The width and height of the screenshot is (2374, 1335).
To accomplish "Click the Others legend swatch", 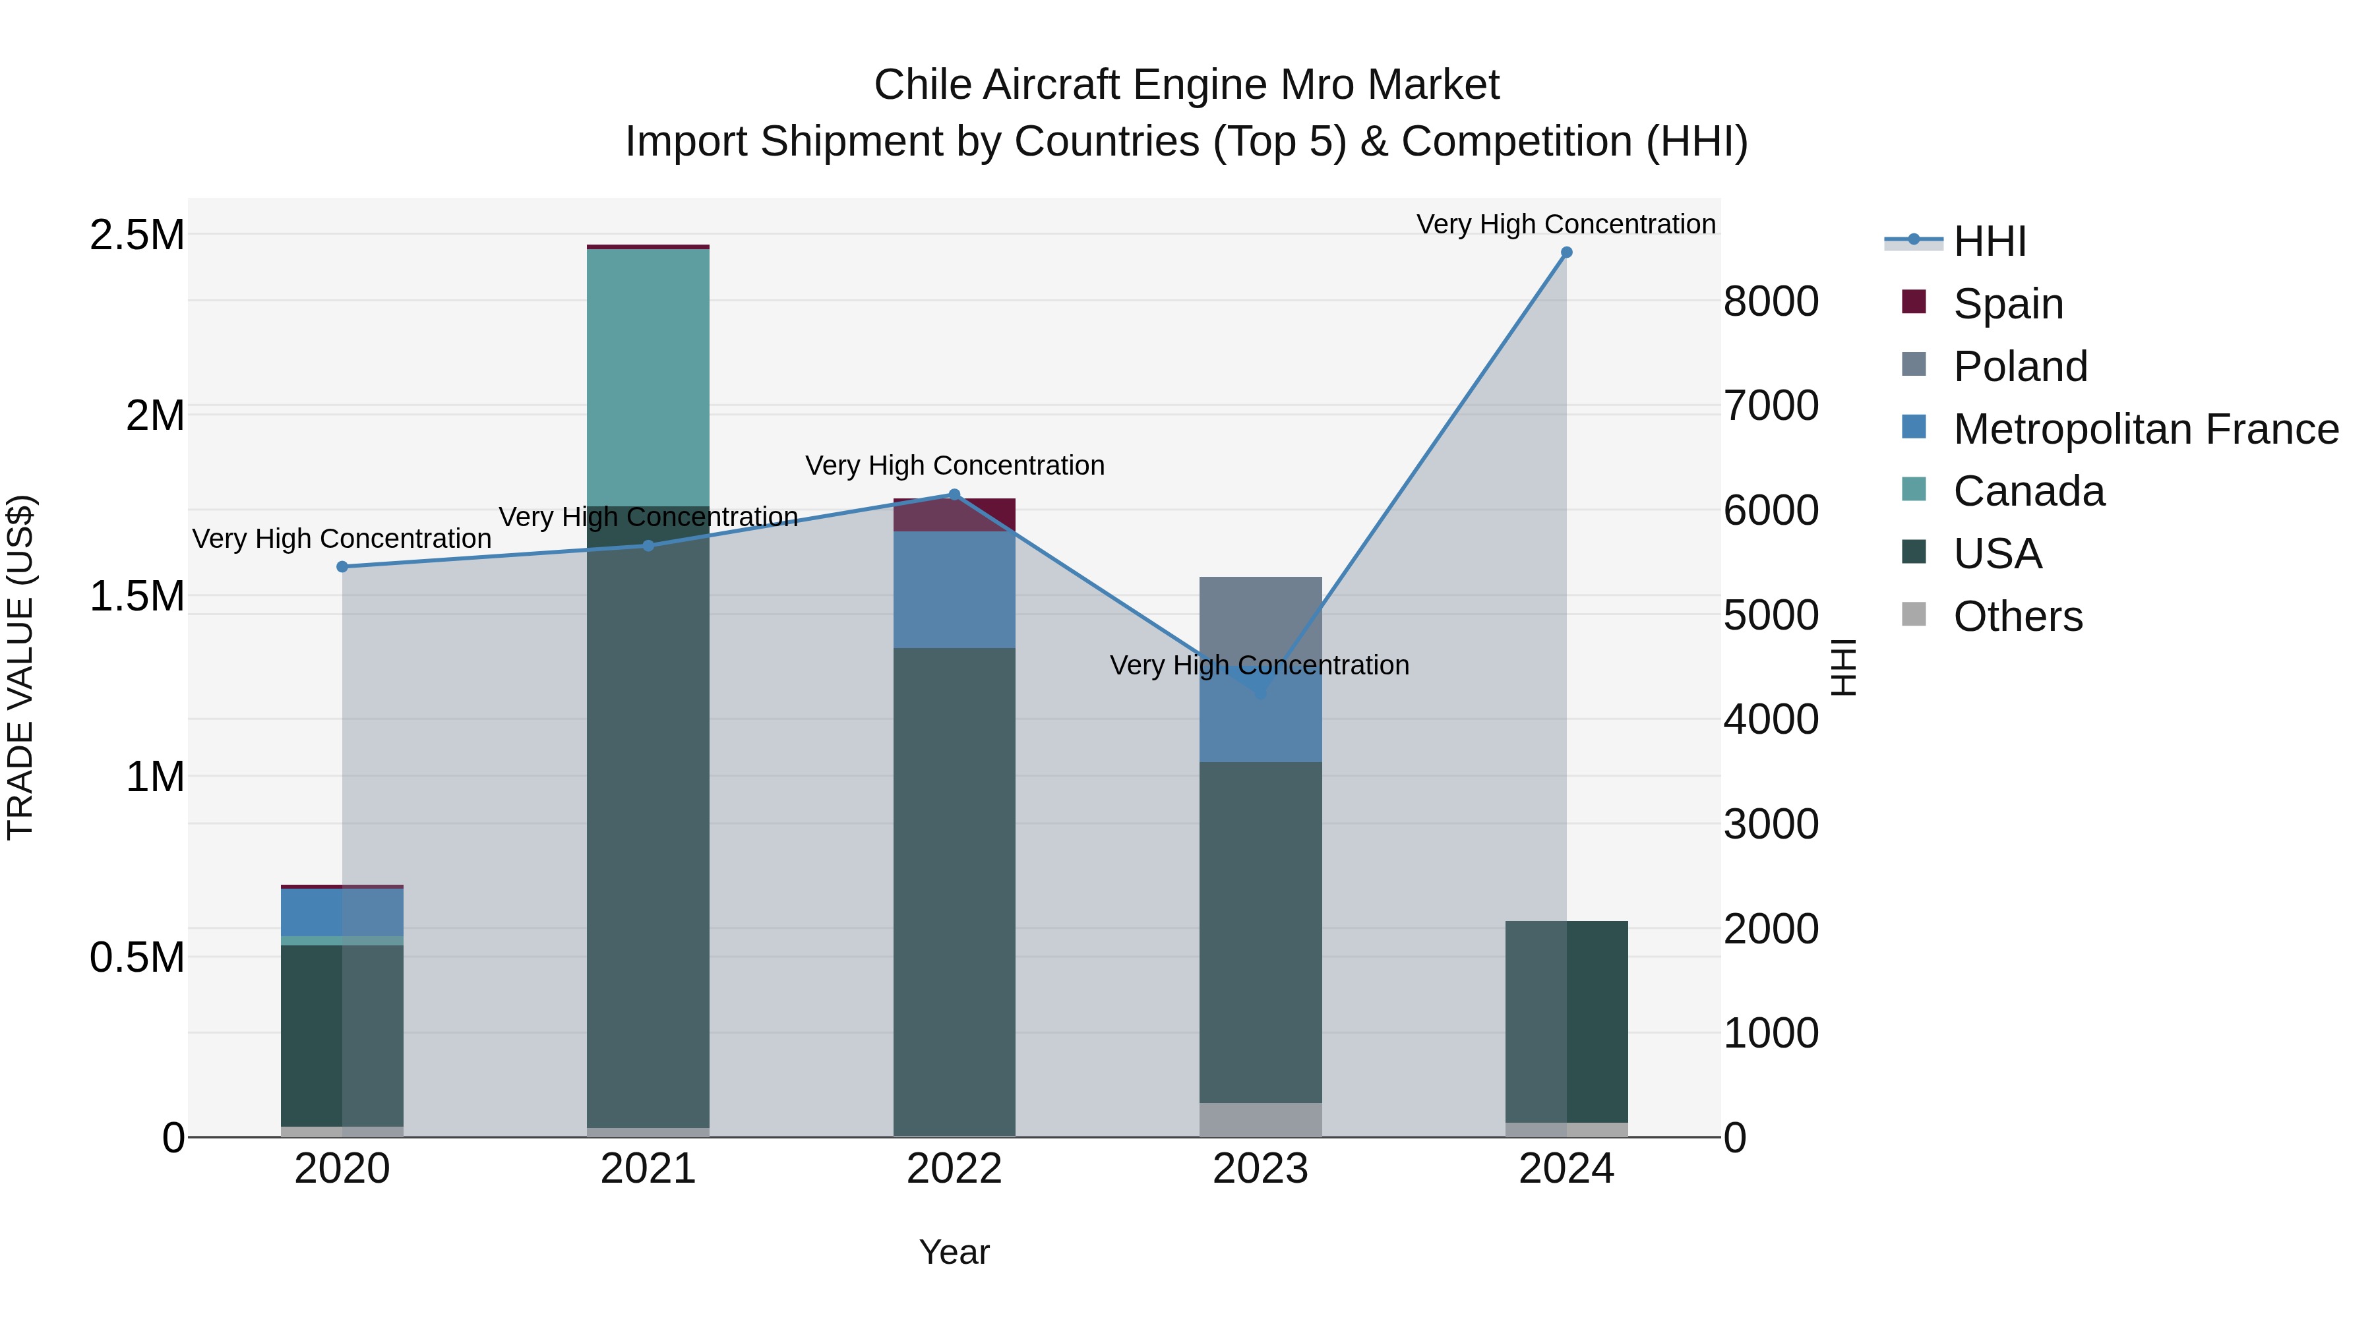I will (1914, 614).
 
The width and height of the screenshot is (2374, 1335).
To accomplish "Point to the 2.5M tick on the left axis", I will (137, 235).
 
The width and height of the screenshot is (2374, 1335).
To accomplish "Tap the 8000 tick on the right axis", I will (1771, 301).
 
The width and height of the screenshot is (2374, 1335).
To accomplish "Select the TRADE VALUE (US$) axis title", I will (20, 667).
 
